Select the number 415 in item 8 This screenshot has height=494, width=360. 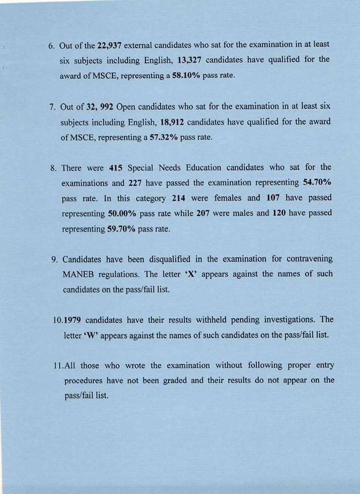[x=116, y=168]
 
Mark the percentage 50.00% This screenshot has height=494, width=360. [x=122, y=213]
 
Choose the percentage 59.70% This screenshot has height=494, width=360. [x=121, y=228]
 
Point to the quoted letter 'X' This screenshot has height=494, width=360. [x=190, y=274]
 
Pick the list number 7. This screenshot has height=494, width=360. [x=52, y=108]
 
